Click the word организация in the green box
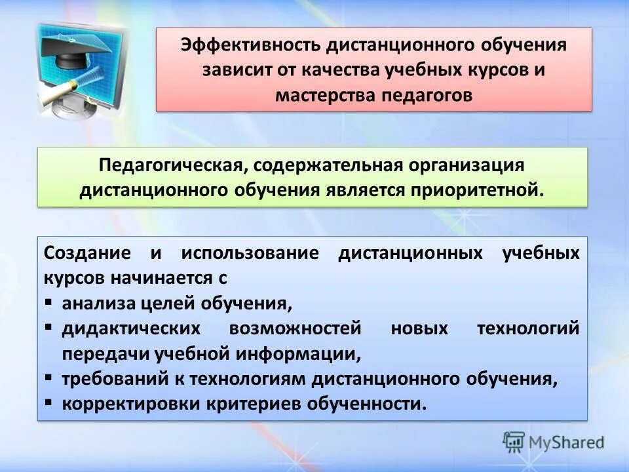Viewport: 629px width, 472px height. [x=470, y=166]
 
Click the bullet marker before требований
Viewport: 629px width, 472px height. [x=50, y=379]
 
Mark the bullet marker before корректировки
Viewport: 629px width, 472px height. [x=50, y=403]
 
